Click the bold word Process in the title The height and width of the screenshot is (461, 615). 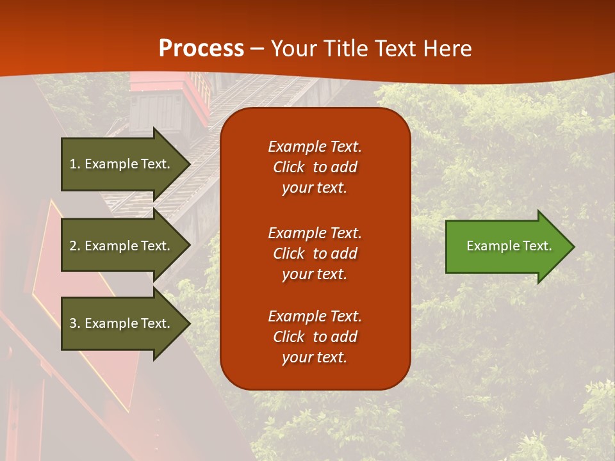(x=201, y=49)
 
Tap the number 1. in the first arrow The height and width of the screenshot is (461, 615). (x=75, y=164)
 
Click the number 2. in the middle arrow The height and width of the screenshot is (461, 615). (x=75, y=246)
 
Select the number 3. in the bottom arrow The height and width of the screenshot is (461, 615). (x=75, y=323)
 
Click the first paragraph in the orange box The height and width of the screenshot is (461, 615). (x=315, y=167)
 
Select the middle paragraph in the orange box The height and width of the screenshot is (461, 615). (x=315, y=254)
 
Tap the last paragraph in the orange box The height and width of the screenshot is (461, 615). (x=315, y=337)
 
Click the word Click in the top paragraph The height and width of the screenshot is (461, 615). (x=288, y=167)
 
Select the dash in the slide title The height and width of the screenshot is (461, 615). (x=257, y=49)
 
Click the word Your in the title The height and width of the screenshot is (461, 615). (x=293, y=49)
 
